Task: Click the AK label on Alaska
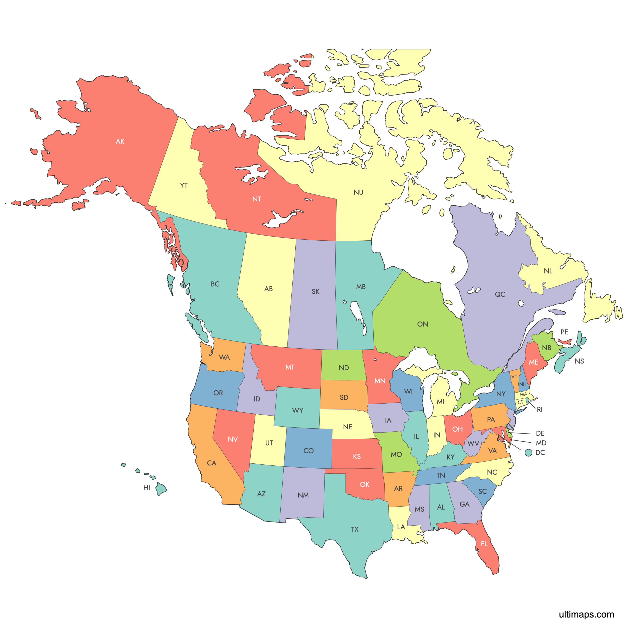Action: (x=120, y=141)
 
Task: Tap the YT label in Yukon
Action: (x=184, y=186)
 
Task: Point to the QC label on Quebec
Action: (x=500, y=294)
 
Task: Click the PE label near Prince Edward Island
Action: (x=564, y=332)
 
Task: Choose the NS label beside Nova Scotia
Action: (x=579, y=361)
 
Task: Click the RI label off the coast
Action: (x=540, y=410)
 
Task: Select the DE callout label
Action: (x=540, y=433)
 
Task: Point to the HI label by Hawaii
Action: (x=147, y=488)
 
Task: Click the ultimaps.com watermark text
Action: (x=586, y=614)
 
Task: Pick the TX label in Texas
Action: (x=355, y=530)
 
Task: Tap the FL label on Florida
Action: (x=484, y=544)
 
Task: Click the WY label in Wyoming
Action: (x=297, y=411)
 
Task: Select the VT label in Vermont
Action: (x=514, y=377)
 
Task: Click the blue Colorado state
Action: (x=308, y=449)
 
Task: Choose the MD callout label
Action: (x=541, y=443)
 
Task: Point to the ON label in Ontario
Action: (x=423, y=324)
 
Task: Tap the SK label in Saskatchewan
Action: (x=315, y=292)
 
